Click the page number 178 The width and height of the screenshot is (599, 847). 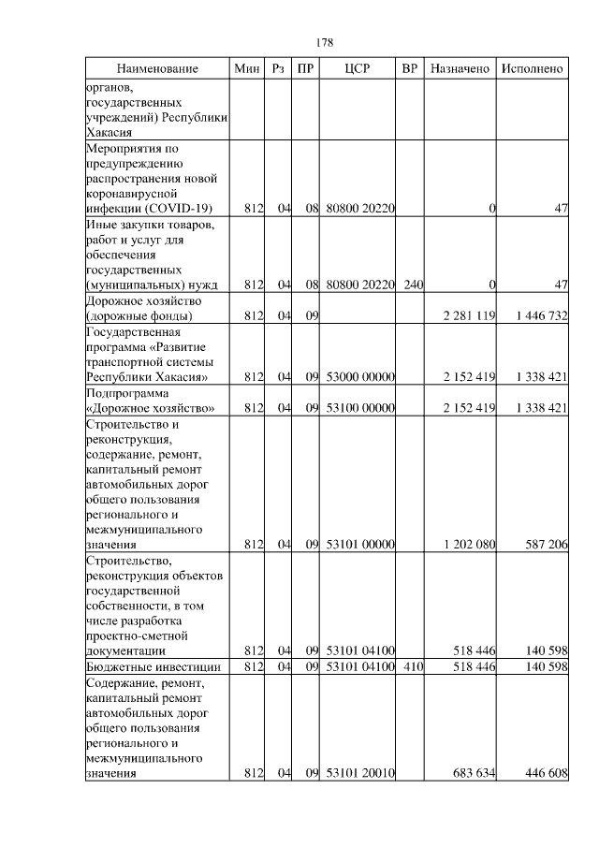[x=325, y=42]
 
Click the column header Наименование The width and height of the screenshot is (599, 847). [x=157, y=68]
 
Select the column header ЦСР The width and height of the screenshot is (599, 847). [x=358, y=68]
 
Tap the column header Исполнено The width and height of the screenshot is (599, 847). [x=532, y=68]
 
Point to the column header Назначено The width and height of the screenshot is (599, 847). [x=460, y=68]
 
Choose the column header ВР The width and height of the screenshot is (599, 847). [x=409, y=68]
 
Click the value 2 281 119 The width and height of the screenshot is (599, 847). [x=469, y=316]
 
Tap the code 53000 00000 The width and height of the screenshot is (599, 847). [x=360, y=377]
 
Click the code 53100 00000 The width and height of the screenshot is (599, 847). [x=360, y=408]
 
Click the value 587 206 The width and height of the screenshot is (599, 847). [x=545, y=545]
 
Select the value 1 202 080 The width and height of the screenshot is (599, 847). [x=469, y=545]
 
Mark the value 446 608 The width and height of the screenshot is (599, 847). [x=545, y=774]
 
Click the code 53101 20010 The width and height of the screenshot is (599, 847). [x=360, y=774]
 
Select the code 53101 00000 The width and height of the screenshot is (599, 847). [x=360, y=545]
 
